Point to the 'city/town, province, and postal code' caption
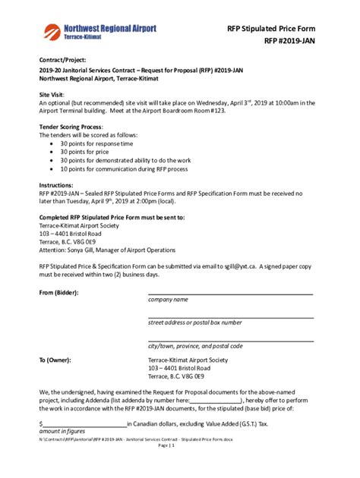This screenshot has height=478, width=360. pos(195,346)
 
